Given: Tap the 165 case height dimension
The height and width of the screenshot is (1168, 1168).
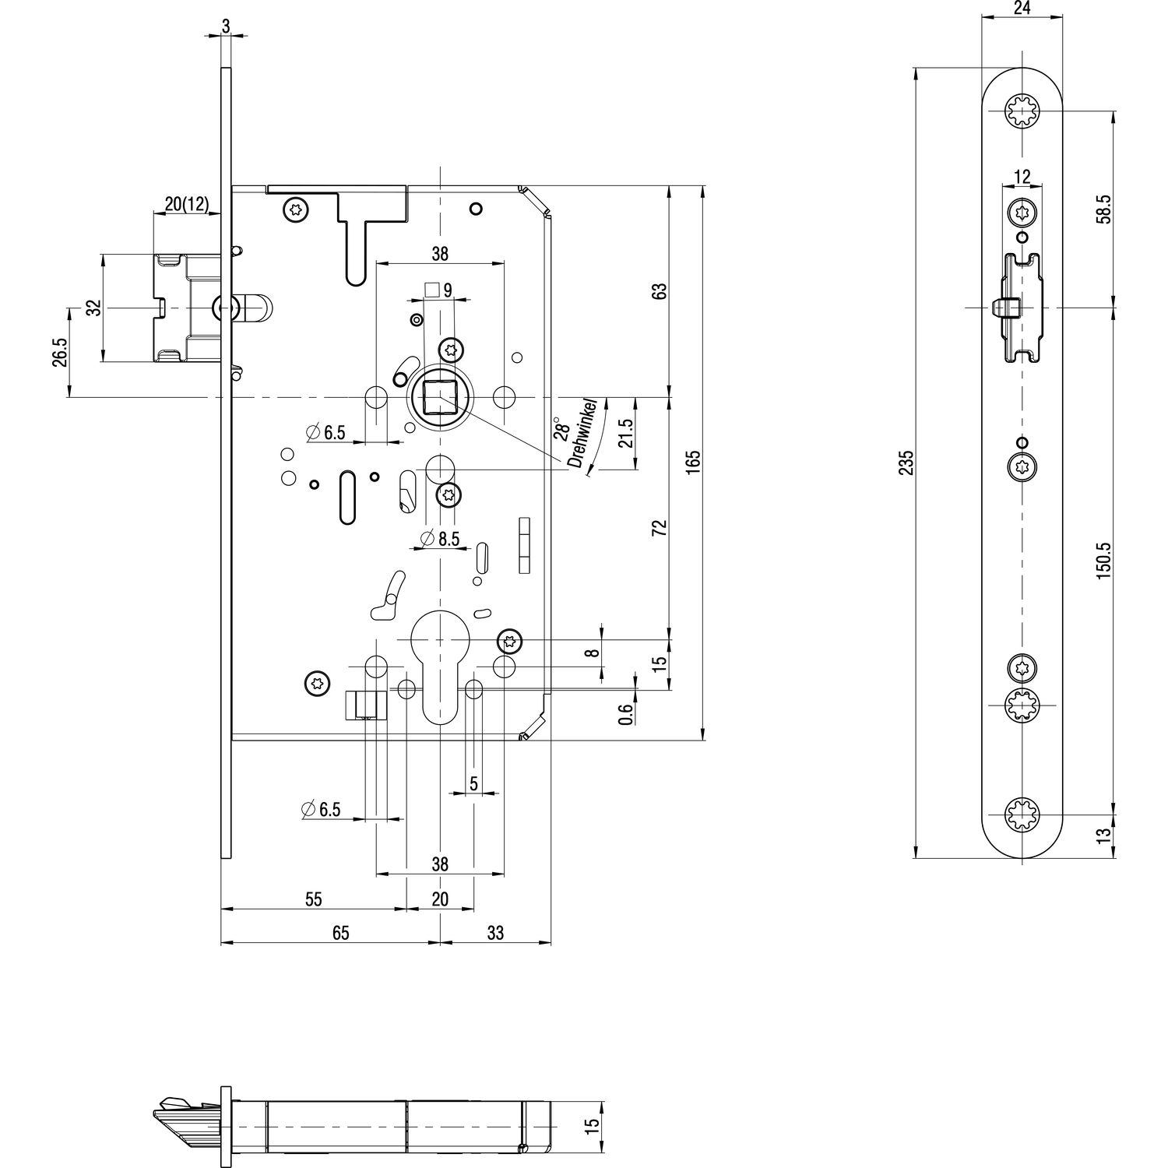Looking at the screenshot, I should pyautogui.click(x=695, y=462).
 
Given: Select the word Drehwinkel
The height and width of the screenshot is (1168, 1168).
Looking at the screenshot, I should pyautogui.click(x=586, y=434).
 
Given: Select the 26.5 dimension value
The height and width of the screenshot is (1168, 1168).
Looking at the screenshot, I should pyautogui.click(x=60, y=352).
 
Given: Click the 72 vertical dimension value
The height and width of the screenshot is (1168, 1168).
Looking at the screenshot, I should pyautogui.click(x=660, y=528).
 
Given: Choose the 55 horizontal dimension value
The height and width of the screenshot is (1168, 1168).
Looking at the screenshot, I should pyautogui.click(x=313, y=899).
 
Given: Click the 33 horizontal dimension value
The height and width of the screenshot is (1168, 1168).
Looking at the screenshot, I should pyautogui.click(x=495, y=933).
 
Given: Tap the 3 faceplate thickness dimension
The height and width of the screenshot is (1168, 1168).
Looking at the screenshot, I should pyautogui.click(x=226, y=25).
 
